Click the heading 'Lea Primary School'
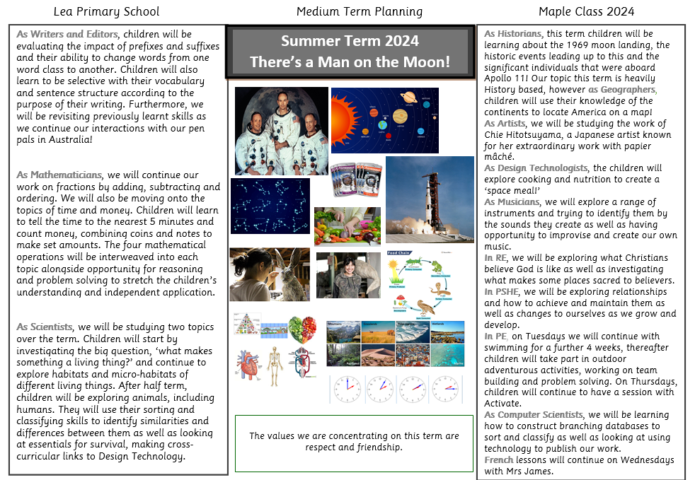point(107,11)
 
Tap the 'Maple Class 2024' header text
point(586,11)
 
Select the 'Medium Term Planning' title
point(360,11)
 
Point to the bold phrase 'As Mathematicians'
point(59,175)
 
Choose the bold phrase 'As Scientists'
point(45,327)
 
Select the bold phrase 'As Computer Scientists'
point(534,414)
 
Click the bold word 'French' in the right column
point(498,460)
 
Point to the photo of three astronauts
point(281,131)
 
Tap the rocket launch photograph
point(430,199)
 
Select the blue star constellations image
point(270,206)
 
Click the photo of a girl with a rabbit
point(269,274)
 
